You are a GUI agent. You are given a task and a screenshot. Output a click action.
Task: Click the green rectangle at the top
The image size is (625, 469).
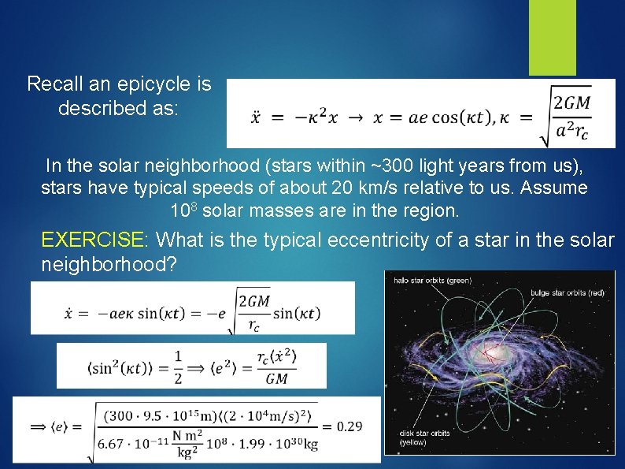click(x=552, y=36)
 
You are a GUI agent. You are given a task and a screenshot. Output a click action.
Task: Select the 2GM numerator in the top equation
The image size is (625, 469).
click(x=571, y=103)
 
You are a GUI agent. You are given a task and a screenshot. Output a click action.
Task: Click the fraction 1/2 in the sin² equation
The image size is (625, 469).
click(x=180, y=367)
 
